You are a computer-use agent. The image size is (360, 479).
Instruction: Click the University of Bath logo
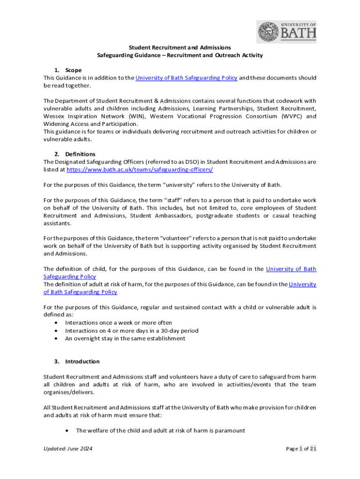pos(286,32)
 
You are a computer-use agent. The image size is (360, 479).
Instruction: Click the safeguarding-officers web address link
pos(140,170)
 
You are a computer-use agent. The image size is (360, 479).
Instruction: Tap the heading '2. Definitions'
pos(75,154)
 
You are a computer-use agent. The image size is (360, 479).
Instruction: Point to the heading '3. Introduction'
pos(77,362)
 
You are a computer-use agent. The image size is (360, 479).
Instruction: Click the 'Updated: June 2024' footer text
pos(68,449)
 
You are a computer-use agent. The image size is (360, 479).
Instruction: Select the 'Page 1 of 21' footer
pos(301,449)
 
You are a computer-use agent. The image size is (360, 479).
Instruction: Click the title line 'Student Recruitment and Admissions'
pos(180,47)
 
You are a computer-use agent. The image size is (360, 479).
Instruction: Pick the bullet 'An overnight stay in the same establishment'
pos(125,338)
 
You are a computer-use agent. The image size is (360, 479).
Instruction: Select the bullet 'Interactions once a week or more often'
pos(118,323)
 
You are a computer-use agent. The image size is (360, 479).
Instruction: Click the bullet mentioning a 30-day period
pos(131,331)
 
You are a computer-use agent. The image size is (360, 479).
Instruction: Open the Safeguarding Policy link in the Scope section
pos(186,78)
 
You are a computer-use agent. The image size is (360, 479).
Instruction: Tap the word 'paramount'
pos(229,430)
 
